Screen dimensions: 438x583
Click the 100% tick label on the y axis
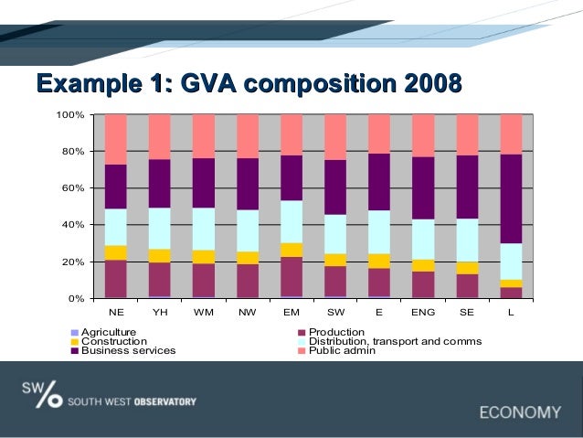pyautogui.click(x=70, y=115)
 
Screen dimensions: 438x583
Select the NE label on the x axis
pyautogui.click(x=116, y=312)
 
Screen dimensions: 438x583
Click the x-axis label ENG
pyautogui.click(x=423, y=312)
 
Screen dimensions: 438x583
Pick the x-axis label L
pyautogui.click(x=512, y=312)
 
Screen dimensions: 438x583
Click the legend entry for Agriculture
pyautogui.click(x=108, y=332)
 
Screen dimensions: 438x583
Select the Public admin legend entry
pyautogui.click(x=342, y=350)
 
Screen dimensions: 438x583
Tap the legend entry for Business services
pyautogui.click(x=128, y=350)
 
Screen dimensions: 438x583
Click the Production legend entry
pyautogui.click(x=336, y=332)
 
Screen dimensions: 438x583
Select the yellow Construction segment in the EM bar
pyautogui.click(x=291, y=250)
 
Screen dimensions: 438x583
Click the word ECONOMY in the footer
pyautogui.click(x=520, y=411)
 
